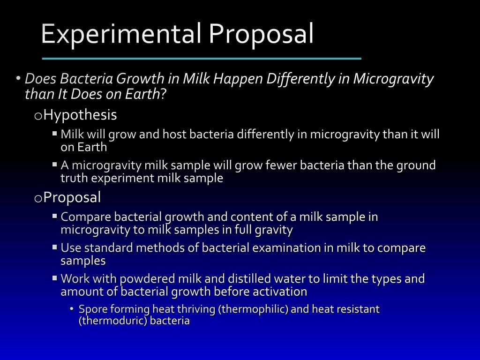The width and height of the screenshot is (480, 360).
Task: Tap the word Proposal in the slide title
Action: click(x=261, y=34)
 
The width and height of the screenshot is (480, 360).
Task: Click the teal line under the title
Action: click(x=202, y=59)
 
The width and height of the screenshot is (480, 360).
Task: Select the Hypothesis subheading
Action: click(x=80, y=115)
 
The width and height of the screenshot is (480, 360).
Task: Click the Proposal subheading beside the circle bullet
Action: click(x=72, y=198)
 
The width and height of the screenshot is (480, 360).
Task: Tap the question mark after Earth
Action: click(x=163, y=94)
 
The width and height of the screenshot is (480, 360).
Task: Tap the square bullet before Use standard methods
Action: click(x=55, y=247)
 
